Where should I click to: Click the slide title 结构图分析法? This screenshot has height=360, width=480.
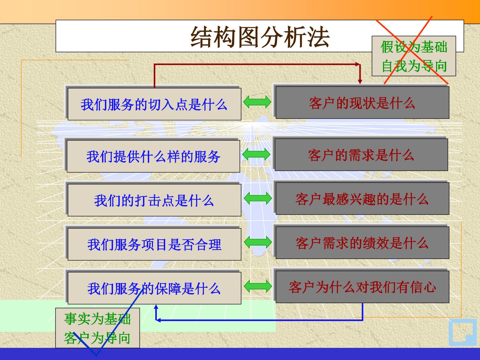pyautogui.click(x=260, y=37)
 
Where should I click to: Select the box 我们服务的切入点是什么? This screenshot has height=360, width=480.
pyautogui.click(x=154, y=104)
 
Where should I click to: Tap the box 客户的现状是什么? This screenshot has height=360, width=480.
pyautogui.click(x=362, y=103)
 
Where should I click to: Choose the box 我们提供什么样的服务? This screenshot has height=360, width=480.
pyautogui.click(x=153, y=156)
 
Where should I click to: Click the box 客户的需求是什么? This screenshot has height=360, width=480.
pyautogui.click(x=361, y=155)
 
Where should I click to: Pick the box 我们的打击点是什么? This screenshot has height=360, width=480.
pyautogui.click(x=154, y=200)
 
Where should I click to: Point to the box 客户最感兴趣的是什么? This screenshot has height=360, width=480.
pyautogui.click(x=362, y=199)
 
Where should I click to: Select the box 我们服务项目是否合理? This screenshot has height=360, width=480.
pyautogui.click(x=154, y=244)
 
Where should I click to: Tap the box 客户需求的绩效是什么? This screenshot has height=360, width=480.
pyautogui.click(x=362, y=243)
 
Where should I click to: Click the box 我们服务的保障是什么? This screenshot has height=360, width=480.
pyautogui.click(x=154, y=288)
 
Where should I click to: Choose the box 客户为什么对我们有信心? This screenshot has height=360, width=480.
pyautogui.click(x=362, y=287)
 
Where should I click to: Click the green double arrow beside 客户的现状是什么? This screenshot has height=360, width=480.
pyautogui.click(x=257, y=102)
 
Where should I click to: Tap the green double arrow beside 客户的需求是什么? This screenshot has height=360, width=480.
pyautogui.click(x=256, y=154)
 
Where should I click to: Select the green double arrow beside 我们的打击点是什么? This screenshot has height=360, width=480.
pyautogui.click(x=258, y=198)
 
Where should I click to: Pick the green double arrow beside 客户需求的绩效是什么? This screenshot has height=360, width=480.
pyautogui.click(x=258, y=242)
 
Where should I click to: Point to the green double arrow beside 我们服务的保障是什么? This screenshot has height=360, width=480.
pyautogui.click(x=258, y=286)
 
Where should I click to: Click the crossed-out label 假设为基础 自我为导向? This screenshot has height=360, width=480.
pyautogui.click(x=413, y=56)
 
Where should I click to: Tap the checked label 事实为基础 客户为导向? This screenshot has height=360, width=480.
pyautogui.click(x=97, y=328)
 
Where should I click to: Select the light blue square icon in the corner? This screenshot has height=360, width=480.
pyautogui.click(x=462, y=332)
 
